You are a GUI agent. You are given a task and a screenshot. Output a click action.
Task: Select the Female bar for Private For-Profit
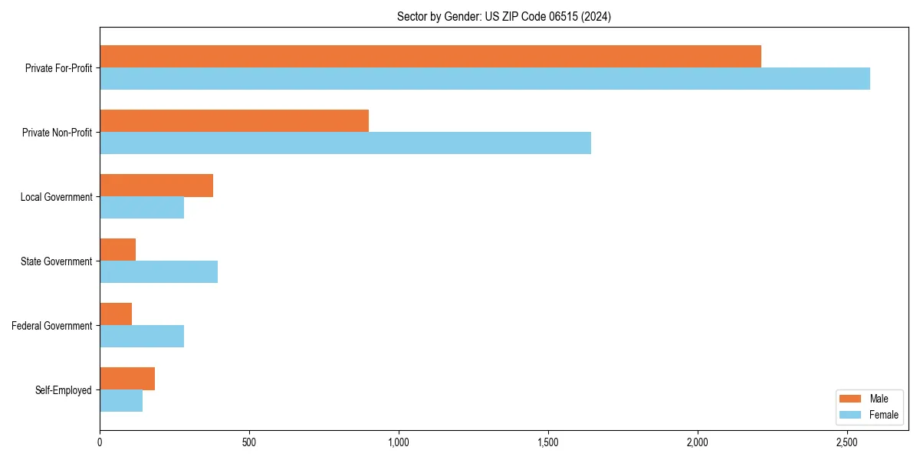click(485, 79)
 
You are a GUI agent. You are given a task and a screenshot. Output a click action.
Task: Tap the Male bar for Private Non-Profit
click(234, 121)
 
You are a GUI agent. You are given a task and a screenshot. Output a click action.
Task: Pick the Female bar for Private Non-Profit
click(345, 143)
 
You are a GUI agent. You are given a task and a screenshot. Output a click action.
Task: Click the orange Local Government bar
click(156, 186)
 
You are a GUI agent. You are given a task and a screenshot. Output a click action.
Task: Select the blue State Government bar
click(159, 272)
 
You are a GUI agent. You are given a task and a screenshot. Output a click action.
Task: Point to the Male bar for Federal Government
click(116, 314)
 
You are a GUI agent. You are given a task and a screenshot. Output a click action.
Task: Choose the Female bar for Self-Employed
click(121, 401)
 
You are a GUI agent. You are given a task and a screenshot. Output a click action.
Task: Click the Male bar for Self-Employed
click(127, 379)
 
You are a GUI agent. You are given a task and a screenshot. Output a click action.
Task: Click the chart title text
click(504, 16)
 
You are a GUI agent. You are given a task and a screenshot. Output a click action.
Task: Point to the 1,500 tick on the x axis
click(547, 443)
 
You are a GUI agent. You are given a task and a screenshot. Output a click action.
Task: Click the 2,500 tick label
click(846, 443)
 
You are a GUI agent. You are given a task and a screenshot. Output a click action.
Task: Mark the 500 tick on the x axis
click(248, 443)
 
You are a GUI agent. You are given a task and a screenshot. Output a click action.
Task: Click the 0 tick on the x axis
click(100, 443)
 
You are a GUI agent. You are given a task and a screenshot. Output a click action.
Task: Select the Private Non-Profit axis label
click(57, 133)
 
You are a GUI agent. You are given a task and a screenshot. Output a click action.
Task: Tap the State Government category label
click(56, 261)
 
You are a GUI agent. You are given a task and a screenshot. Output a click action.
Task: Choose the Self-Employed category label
click(63, 390)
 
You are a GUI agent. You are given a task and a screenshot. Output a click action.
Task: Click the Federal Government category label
click(52, 326)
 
